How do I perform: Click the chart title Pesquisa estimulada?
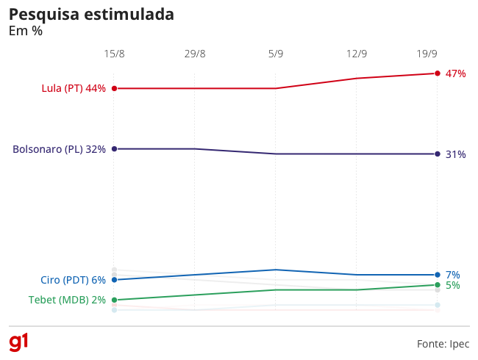[91, 15]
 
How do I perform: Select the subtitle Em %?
[26, 31]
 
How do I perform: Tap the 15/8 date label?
[114, 54]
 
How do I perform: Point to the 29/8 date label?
[195, 54]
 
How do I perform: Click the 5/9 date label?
[276, 54]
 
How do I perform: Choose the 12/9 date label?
[357, 54]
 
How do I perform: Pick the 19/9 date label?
[427, 54]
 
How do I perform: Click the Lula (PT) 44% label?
[74, 88]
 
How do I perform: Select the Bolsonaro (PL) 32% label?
[59, 149]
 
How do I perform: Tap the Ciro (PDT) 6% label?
[73, 280]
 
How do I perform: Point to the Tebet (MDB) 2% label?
[67, 300]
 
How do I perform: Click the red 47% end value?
[455, 73]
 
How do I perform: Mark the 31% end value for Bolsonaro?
[455, 154]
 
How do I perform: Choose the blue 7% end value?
[453, 275]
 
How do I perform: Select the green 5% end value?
[453, 285]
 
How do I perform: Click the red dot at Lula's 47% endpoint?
[438, 73]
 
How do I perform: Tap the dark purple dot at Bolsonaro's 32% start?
[114, 149]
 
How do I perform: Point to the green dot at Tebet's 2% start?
[114, 300]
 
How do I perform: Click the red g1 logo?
[18, 342]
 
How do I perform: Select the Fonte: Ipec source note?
[443, 344]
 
